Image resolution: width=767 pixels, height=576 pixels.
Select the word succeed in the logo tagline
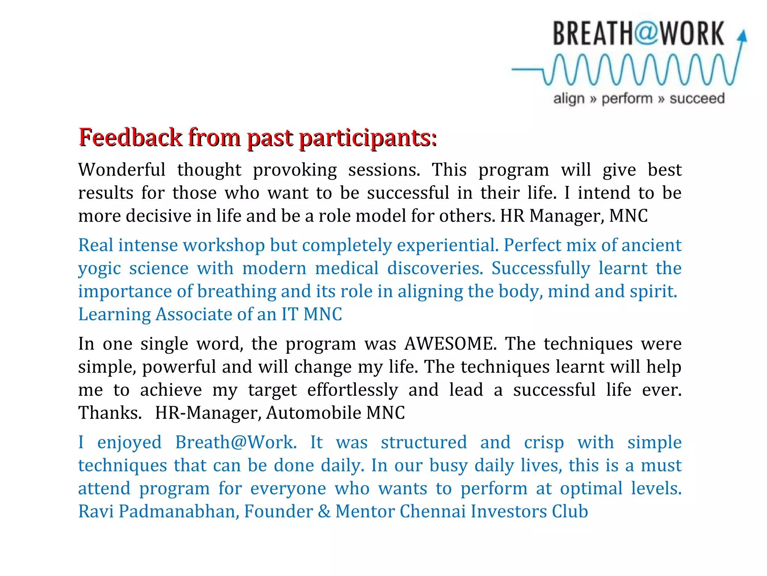(697, 99)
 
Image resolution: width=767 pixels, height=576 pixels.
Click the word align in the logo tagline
(569, 99)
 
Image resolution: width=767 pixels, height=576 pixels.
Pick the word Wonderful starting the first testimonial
(122, 170)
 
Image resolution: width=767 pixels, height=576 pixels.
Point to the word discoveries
(435, 268)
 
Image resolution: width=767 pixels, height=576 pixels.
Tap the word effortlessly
(352, 390)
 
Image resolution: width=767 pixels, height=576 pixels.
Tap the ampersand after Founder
(324, 511)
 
